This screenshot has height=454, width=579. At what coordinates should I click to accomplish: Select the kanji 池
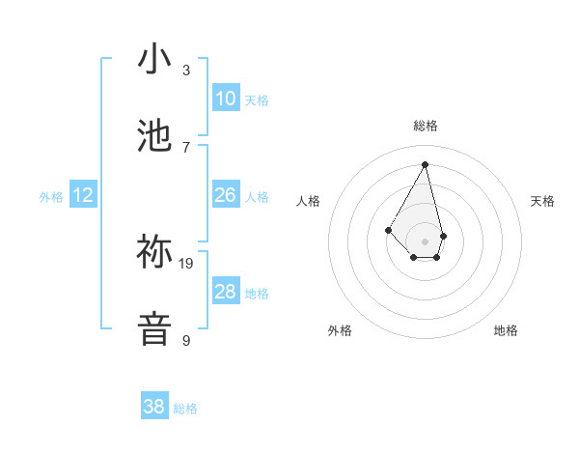coord(155,136)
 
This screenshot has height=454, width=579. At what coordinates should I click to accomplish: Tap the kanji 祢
coord(155,252)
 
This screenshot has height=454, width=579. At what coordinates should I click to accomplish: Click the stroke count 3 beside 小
coord(186,71)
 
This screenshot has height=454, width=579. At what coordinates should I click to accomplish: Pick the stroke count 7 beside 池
coord(186,147)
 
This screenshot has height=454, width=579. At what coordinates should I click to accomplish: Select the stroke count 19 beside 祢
coord(187,263)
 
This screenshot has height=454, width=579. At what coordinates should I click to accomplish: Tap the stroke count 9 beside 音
coord(186,340)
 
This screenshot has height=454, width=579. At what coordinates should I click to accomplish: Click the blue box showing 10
coord(226,99)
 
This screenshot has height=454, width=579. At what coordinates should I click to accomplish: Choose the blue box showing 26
coord(226,195)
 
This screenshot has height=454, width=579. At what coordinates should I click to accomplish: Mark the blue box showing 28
coord(226,292)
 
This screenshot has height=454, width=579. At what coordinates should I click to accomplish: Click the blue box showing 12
coord(83,195)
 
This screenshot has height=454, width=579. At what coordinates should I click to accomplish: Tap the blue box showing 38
coord(154,407)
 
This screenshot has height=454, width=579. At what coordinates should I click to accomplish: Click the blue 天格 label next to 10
coord(257,100)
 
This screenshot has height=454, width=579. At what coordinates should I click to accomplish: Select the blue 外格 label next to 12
coord(51,197)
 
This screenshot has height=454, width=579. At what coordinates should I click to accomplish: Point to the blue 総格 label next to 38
coord(185,409)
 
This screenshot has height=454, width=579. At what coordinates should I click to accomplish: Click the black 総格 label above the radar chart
coord(425,126)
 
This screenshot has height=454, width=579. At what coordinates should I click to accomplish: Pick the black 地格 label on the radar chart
coord(506,330)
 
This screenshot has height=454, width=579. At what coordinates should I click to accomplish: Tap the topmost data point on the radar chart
coord(425,163)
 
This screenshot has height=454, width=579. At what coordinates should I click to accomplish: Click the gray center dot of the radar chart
coord(425,241)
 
